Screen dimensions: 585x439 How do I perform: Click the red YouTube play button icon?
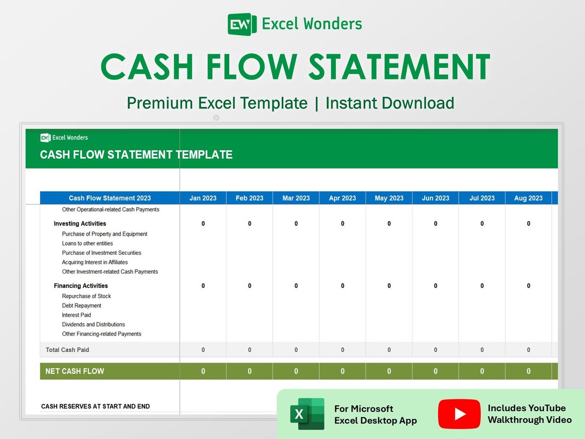(x=459, y=414)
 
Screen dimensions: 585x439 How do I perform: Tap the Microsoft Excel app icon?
(x=307, y=414)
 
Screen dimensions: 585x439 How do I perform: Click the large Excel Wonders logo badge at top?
(x=242, y=24)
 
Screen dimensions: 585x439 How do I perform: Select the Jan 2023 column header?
(x=203, y=198)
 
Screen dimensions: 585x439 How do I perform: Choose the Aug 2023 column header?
(x=528, y=198)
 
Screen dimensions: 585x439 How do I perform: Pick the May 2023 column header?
(x=389, y=198)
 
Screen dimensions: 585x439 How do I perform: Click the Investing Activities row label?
(x=80, y=224)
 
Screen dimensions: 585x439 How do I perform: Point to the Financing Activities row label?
(x=81, y=286)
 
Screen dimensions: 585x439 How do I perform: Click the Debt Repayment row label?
(x=81, y=306)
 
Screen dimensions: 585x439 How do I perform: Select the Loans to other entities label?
(x=87, y=243)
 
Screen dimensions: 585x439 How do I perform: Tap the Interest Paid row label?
(x=76, y=315)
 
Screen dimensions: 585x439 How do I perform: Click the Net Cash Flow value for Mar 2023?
(x=296, y=371)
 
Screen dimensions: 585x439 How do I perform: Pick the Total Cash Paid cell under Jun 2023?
(x=435, y=350)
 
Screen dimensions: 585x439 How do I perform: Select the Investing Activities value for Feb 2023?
(x=250, y=224)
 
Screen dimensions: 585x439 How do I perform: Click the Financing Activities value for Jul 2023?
(x=482, y=286)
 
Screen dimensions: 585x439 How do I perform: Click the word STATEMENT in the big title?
(x=400, y=67)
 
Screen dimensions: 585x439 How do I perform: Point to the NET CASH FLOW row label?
(x=75, y=371)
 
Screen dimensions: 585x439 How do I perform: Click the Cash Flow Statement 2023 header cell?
(x=109, y=198)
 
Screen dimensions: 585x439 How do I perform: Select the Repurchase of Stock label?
(x=86, y=296)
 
